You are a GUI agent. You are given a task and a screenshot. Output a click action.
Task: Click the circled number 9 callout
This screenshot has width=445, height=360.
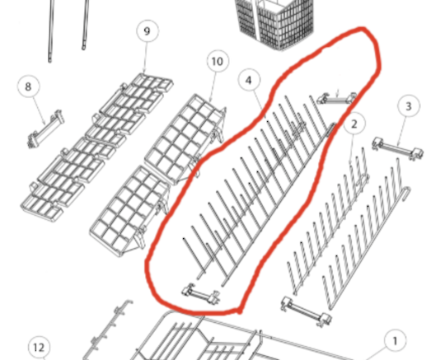148,31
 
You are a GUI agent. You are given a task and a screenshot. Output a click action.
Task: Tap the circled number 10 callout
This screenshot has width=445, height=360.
218,61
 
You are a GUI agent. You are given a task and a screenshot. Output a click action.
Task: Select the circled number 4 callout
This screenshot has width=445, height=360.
249,80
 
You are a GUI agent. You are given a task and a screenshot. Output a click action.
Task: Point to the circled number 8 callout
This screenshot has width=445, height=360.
28,86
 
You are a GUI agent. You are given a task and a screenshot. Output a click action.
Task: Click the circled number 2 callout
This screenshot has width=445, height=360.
354,124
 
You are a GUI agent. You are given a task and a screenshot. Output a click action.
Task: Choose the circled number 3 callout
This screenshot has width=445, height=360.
409,106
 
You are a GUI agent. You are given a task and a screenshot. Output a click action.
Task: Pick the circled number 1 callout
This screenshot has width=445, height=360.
395,340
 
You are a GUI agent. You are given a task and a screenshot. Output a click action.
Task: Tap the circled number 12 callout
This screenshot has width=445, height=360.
40,348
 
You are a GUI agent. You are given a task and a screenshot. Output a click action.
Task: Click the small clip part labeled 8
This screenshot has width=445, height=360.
45,129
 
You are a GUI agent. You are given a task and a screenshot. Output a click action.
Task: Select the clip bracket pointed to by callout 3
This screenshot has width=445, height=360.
397,147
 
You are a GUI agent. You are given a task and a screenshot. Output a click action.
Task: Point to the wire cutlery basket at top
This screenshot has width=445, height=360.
274,23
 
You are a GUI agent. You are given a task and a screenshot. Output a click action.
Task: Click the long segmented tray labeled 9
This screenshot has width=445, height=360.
97,147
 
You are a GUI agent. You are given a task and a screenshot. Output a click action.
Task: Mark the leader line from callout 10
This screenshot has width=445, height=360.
213,87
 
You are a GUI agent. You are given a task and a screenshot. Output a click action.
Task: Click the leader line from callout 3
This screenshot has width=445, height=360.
401,131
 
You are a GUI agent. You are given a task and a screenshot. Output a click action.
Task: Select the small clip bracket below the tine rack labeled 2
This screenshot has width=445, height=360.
306,312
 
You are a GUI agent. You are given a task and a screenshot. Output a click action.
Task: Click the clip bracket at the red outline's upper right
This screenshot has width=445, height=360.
336,98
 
